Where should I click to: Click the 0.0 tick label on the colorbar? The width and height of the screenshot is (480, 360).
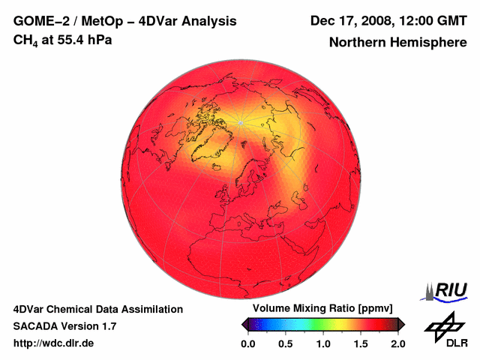248,343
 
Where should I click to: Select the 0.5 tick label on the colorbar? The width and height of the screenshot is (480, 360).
286,343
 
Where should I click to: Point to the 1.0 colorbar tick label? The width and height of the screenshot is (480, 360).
323,343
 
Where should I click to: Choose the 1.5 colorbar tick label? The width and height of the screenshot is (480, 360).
361,343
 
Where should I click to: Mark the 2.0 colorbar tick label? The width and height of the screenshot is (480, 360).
398,343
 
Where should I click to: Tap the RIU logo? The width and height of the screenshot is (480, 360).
446,290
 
